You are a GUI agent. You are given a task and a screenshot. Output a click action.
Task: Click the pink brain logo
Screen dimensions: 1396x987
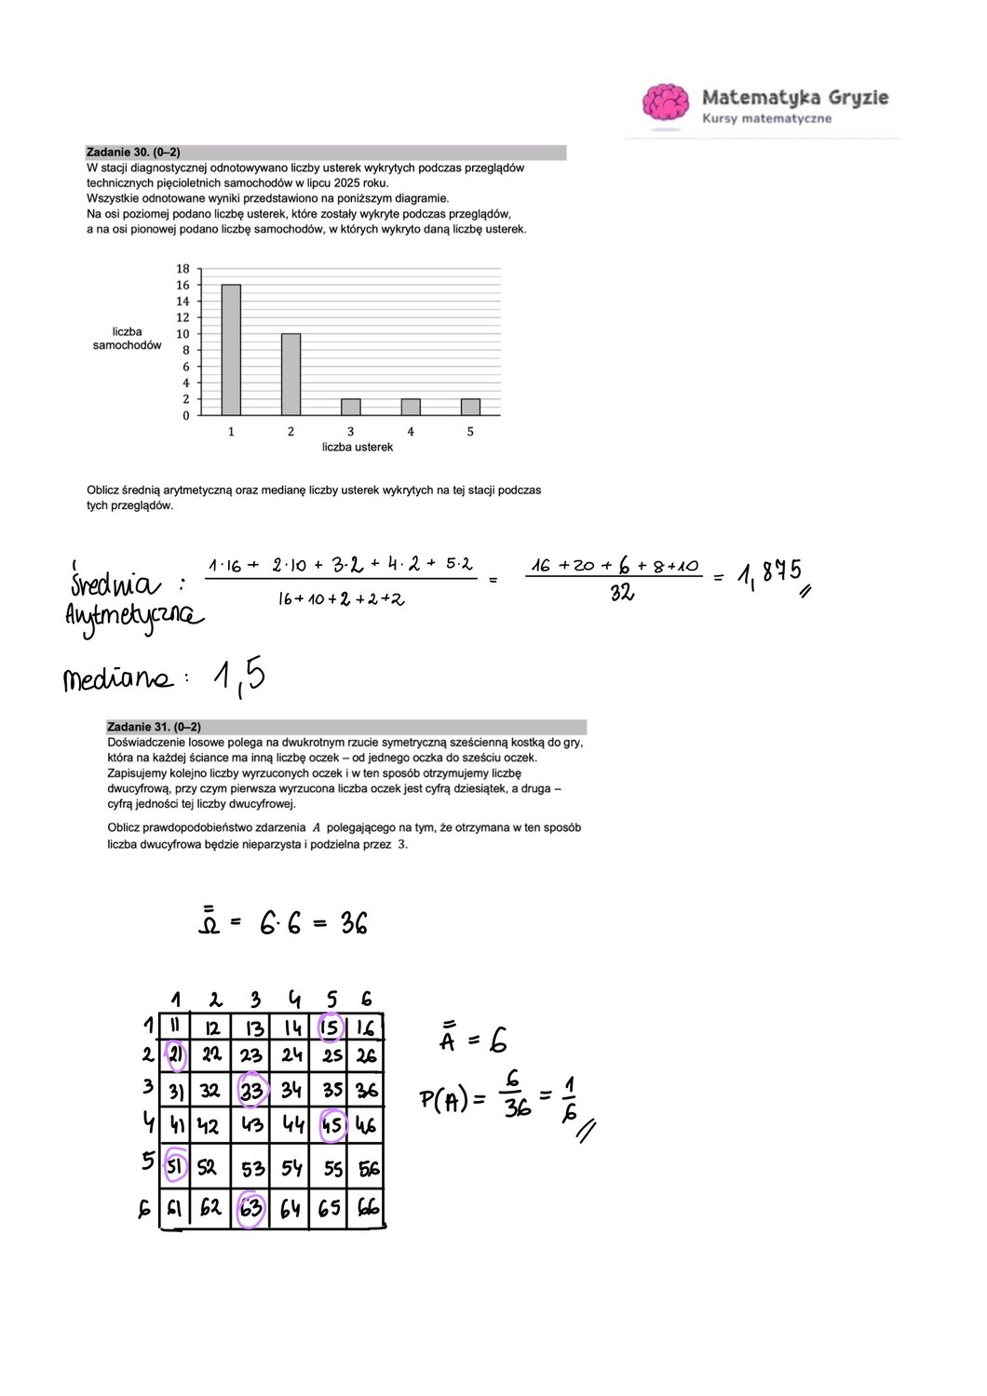pos(665,102)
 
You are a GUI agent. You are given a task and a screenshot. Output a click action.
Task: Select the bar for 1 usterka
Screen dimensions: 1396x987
pos(231,350)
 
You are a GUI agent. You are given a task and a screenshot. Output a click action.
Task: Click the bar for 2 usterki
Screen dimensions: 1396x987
pos(291,374)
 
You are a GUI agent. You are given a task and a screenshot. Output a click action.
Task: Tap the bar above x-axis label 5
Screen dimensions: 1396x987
pos(470,407)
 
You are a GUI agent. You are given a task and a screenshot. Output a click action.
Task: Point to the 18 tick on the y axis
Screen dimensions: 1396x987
pos(183,269)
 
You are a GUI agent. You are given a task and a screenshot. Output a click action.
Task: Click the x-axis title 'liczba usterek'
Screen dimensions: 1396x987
pos(358,447)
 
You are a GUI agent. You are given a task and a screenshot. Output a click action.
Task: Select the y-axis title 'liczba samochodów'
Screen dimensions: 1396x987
pos(127,338)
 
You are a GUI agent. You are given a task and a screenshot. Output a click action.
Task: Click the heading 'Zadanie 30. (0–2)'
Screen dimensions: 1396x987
pos(133,152)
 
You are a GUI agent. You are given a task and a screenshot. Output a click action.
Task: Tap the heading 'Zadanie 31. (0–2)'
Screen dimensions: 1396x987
pos(154,727)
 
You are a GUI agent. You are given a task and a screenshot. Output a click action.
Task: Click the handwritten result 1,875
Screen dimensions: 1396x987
pos(769,573)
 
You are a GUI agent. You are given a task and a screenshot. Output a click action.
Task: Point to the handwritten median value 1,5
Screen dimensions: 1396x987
pos(238,677)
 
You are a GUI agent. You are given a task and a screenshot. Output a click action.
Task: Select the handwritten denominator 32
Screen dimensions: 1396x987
pos(622,592)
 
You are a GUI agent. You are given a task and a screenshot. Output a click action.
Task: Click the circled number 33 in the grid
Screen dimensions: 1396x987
pos(251,1090)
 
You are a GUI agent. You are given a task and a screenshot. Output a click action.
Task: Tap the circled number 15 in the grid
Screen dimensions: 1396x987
pos(331,1027)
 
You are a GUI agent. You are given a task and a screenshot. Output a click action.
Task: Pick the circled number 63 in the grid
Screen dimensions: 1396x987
pos(250,1209)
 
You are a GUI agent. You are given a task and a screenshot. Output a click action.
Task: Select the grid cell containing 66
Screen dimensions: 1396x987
pos(368,1208)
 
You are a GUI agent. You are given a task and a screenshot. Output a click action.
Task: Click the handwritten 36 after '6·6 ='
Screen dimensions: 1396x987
pos(354,923)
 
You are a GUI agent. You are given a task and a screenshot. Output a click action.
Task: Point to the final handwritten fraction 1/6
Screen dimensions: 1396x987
pos(570,1098)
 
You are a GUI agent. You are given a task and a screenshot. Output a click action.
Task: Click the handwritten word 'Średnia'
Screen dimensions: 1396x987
pos(114,584)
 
